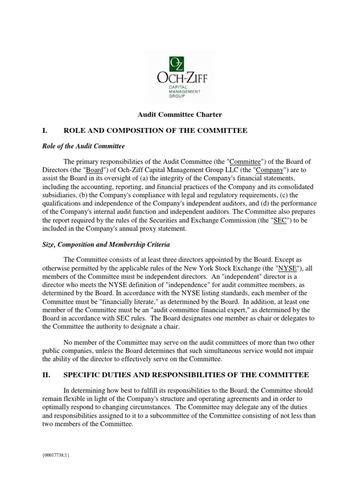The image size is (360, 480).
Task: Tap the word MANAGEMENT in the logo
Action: [185, 92]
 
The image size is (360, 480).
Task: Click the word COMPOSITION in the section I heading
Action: [143, 130]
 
